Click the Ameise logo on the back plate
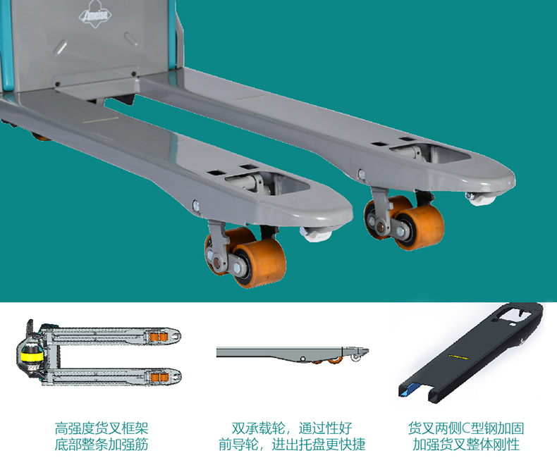pyautogui.click(x=95, y=14)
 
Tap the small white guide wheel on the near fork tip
pyautogui.click(x=316, y=235)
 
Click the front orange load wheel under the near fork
pyautogui.click(x=259, y=262)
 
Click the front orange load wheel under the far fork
pyautogui.click(x=420, y=227)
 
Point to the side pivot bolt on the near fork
pyautogui.click(x=196, y=205)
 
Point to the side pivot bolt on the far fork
pyautogui.click(x=361, y=174)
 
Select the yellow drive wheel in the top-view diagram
pyautogui.click(x=31, y=356)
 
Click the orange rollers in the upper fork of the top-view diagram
pyautogui.click(x=159, y=337)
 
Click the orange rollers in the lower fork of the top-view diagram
pyautogui.click(x=159, y=377)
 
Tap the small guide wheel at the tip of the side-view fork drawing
pyautogui.click(x=355, y=358)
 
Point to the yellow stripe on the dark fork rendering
pyautogui.click(x=458, y=356)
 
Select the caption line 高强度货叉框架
pyautogui.click(x=102, y=428)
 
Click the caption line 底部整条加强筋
pyautogui.click(x=102, y=445)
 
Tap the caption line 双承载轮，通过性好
pyautogui.click(x=292, y=428)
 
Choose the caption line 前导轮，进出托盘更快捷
pyautogui.click(x=292, y=445)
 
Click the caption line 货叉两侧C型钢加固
pyautogui.click(x=466, y=428)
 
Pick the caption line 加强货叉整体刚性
pyautogui.click(x=466, y=445)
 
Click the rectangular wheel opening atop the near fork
pyautogui.click(x=267, y=182)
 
